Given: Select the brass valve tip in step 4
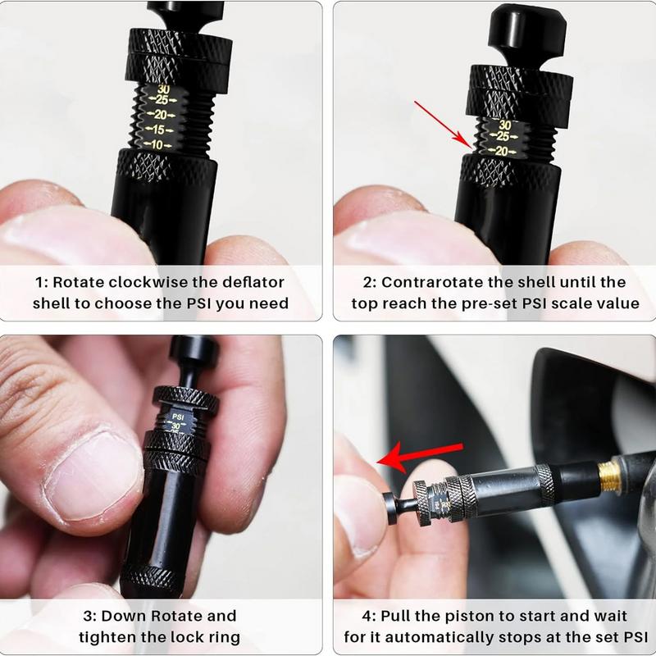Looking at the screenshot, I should pyautogui.click(x=609, y=472).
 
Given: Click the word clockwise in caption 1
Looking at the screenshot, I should pyautogui.click(x=147, y=282).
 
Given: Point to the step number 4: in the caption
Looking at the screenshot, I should pyautogui.click(x=369, y=616).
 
